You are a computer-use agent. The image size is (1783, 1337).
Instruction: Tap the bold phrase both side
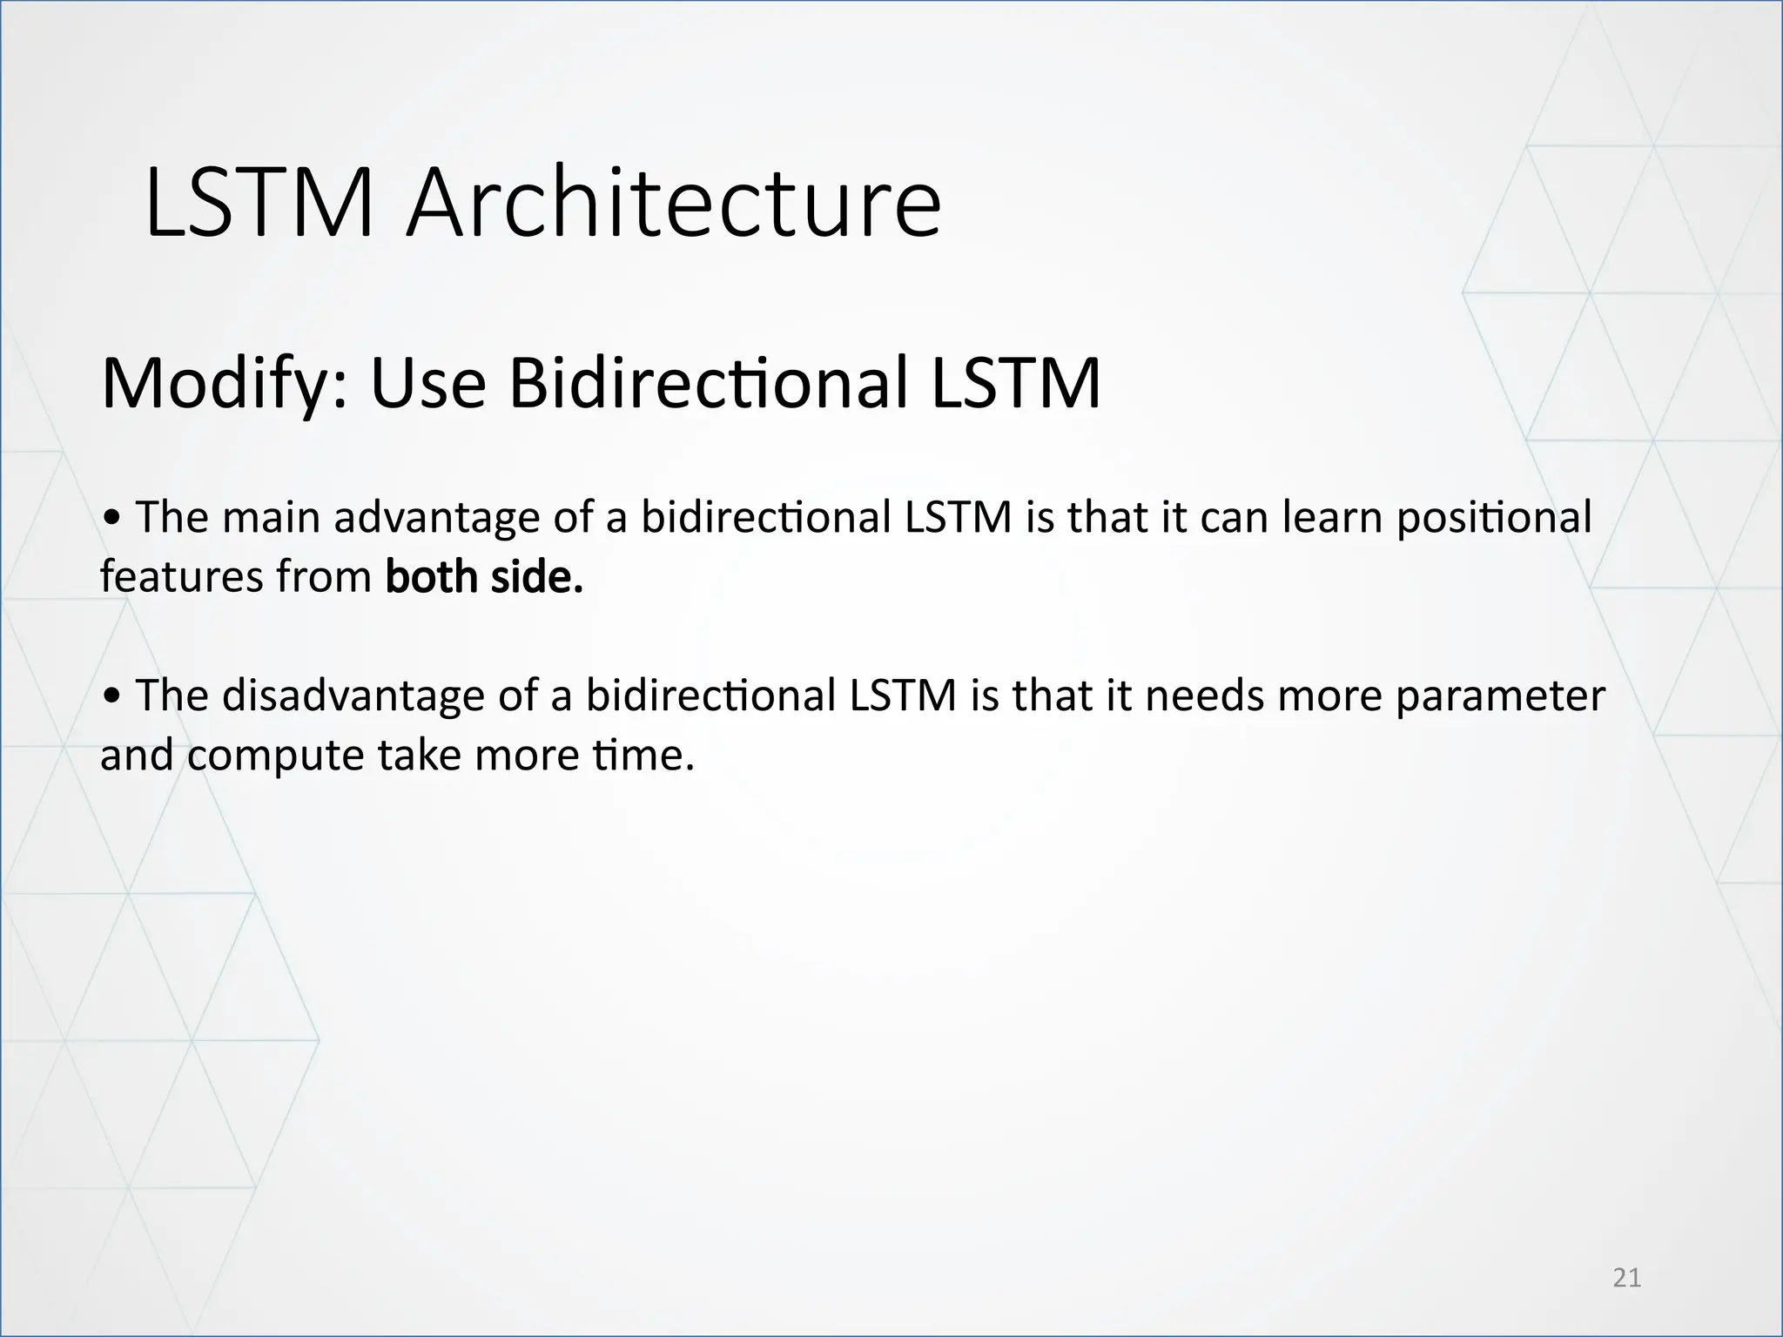click(484, 577)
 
